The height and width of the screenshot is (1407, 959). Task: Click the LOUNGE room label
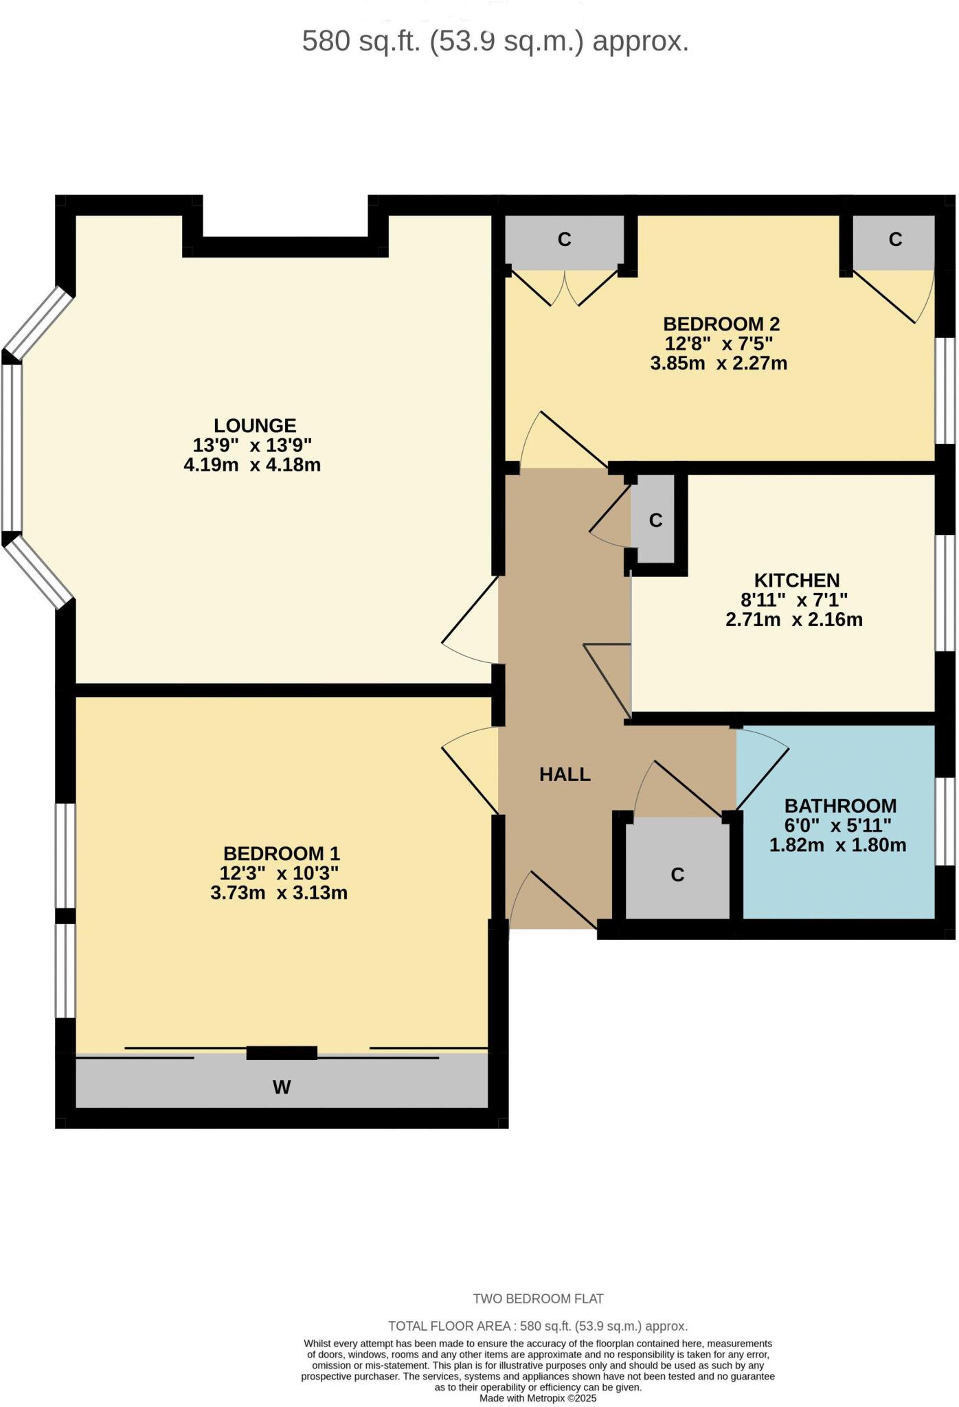point(254,425)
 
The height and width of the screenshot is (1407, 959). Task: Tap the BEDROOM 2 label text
point(721,324)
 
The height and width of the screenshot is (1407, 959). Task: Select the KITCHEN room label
point(796,580)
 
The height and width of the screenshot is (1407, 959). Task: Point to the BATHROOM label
point(840,805)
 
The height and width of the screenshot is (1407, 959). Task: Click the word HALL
point(565,774)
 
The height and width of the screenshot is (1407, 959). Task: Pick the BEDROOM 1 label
point(281,853)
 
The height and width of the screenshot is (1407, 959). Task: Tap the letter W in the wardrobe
point(282,1087)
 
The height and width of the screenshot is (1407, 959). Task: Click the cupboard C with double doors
point(564,239)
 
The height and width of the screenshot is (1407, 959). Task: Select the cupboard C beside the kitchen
point(655,520)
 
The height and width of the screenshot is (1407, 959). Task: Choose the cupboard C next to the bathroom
point(677,875)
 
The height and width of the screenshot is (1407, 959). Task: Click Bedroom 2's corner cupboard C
point(895,239)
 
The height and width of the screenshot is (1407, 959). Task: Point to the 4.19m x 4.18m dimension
point(252,465)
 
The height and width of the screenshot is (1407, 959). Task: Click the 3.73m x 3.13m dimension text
point(279,893)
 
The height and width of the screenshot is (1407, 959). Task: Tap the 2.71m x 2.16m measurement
point(794,620)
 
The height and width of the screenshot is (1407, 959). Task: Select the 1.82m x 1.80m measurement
point(837,845)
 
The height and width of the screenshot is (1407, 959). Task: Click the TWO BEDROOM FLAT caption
point(537,1298)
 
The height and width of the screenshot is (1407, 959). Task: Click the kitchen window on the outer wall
point(947,592)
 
